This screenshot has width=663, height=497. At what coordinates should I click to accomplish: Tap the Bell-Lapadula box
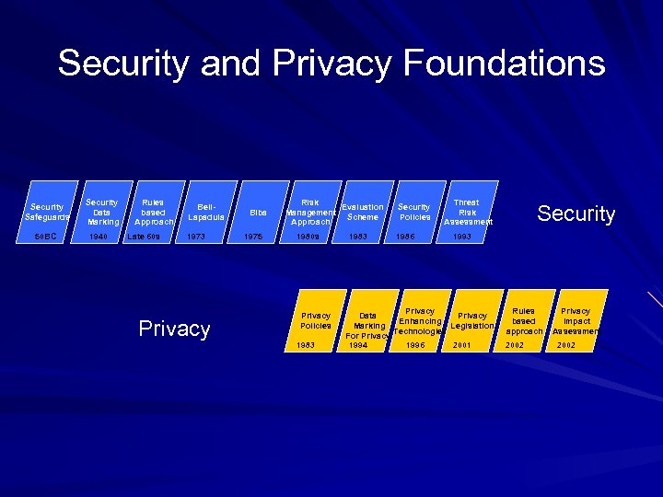(x=204, y=213)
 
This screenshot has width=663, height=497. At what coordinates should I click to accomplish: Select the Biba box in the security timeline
(x=259, y=213)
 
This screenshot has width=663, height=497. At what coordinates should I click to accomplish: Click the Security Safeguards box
(x=47, y=213)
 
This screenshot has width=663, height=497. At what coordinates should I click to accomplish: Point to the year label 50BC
(x=45, y=237)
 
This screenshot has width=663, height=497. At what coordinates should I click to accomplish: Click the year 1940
(x=98, y=237)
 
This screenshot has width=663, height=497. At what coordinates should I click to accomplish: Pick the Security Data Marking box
(x=101, y=212)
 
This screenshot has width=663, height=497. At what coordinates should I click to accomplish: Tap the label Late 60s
(x=145, y=237)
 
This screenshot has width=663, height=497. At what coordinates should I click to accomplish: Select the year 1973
(x=196, y=237)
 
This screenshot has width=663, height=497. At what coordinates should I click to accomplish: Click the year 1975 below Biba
(x=252, y=237)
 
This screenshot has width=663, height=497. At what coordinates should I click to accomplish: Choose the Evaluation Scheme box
(x=362, y=213)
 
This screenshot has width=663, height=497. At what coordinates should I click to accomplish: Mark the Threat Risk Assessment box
(x=468, y=212)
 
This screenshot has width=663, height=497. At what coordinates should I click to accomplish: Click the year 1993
(x=462, y=237)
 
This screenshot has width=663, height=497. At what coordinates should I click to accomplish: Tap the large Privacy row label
(x=174, y=329)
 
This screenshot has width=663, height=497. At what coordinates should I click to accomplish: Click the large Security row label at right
(x=576, y=214)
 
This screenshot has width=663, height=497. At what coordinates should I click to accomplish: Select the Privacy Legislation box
(x=472, y=321)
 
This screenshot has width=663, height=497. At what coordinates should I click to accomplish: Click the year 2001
(x=462, y=346)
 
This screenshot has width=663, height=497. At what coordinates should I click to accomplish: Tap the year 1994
(x=358, y=346)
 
